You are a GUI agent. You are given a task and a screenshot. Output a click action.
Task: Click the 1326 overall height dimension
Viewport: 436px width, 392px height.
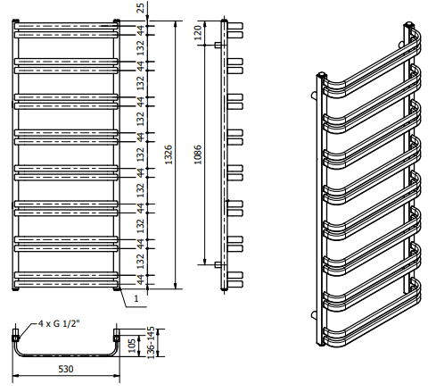[169, 154]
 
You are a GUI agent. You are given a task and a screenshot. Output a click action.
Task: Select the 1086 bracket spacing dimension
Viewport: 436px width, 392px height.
[198, 154]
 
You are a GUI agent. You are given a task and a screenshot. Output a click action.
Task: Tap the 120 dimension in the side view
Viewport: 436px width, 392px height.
[198, 33]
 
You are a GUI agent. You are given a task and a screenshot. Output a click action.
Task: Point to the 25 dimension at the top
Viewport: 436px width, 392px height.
[140, 8]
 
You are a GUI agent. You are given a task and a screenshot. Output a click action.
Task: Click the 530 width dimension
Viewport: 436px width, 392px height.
[66, 369]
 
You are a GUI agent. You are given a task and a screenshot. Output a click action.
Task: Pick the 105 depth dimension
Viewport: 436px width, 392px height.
[132, 346]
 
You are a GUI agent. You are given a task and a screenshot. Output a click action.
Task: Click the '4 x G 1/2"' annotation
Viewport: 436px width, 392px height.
[59, 323]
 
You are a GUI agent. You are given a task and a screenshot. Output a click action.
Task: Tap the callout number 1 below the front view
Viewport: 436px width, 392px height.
[136, 298]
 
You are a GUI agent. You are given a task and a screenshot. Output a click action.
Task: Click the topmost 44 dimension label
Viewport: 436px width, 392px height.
[140, 30]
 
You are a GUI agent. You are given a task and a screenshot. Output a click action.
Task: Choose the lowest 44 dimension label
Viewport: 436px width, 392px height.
[140, 279]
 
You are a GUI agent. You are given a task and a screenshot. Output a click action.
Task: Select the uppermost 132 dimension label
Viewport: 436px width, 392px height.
[140, 48]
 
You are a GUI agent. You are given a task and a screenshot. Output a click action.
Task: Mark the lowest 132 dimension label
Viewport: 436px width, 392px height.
[140, 262]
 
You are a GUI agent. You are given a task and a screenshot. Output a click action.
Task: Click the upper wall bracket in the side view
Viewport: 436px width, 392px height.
[218, 45]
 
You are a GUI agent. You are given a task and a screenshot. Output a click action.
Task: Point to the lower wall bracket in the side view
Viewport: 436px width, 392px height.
[218, 264]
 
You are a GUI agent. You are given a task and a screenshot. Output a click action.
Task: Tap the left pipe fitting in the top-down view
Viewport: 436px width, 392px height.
[15, 335]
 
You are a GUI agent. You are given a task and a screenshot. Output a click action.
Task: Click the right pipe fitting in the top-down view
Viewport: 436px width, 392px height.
[117, 335]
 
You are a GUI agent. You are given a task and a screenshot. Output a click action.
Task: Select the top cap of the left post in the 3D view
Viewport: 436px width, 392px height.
[322, 74]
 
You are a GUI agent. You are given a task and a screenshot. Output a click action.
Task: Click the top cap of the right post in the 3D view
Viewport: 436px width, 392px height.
[409, 24]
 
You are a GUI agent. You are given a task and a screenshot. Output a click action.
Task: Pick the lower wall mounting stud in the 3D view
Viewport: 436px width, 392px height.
[314, 314]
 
